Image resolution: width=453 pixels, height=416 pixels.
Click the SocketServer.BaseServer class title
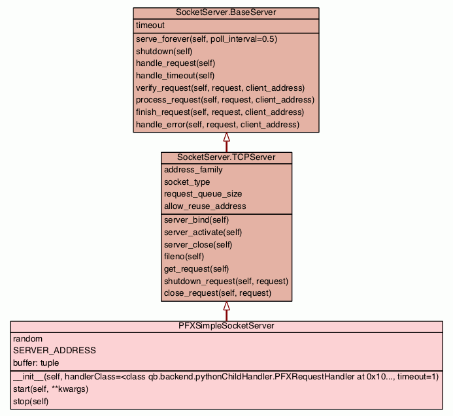(226, 13)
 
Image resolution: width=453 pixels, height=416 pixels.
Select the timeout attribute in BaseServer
(150, 25)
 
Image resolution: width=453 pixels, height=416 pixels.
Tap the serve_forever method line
(206, 39)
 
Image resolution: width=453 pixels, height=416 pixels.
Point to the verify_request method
(220, 88)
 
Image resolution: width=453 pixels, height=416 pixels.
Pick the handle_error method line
(217, 124)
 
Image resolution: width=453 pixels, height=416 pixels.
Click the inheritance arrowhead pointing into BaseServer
(226, 137)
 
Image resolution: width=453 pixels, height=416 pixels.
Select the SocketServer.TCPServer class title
(226, 157)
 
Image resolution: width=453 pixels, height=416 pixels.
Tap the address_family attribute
(193, 170)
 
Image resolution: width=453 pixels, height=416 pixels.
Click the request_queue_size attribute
(203, 194)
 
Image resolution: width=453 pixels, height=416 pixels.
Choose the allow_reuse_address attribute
(205, 206)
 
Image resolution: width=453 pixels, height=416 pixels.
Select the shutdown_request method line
(226, 281)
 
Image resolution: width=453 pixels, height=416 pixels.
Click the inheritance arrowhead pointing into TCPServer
(226, 306)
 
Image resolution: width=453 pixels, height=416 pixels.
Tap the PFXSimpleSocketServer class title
(226, 325)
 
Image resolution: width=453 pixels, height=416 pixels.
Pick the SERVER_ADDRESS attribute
(54, 351)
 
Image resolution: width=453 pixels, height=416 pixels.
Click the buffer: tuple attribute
(36, 362)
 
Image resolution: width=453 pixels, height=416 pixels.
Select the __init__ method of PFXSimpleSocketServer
(226, 377)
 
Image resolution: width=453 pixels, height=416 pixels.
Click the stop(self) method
(31, 401)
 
